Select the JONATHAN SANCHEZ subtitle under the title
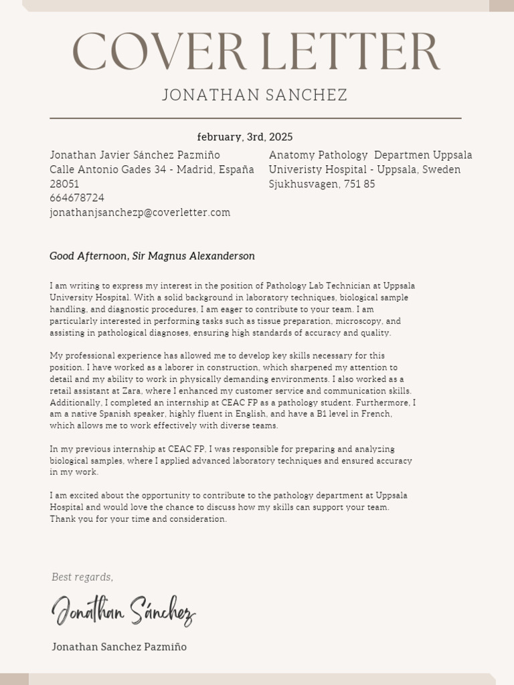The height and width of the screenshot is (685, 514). (255, 95)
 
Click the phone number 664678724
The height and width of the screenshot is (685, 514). (77, 198)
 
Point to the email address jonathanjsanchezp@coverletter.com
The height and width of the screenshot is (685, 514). (140, 213)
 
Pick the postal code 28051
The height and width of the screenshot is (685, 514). (64, 183)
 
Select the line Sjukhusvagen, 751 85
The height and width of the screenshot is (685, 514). (322, 184)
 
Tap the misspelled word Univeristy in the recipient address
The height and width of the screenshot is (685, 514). (295, 170)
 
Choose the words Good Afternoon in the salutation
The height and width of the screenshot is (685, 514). (87, 256)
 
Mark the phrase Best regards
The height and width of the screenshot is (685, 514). (82, 577)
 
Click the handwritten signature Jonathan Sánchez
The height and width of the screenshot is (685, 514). (124, 611)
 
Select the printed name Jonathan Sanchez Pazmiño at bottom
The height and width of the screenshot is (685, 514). (119, 647)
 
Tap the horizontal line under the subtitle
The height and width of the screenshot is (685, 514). (256, 118)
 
